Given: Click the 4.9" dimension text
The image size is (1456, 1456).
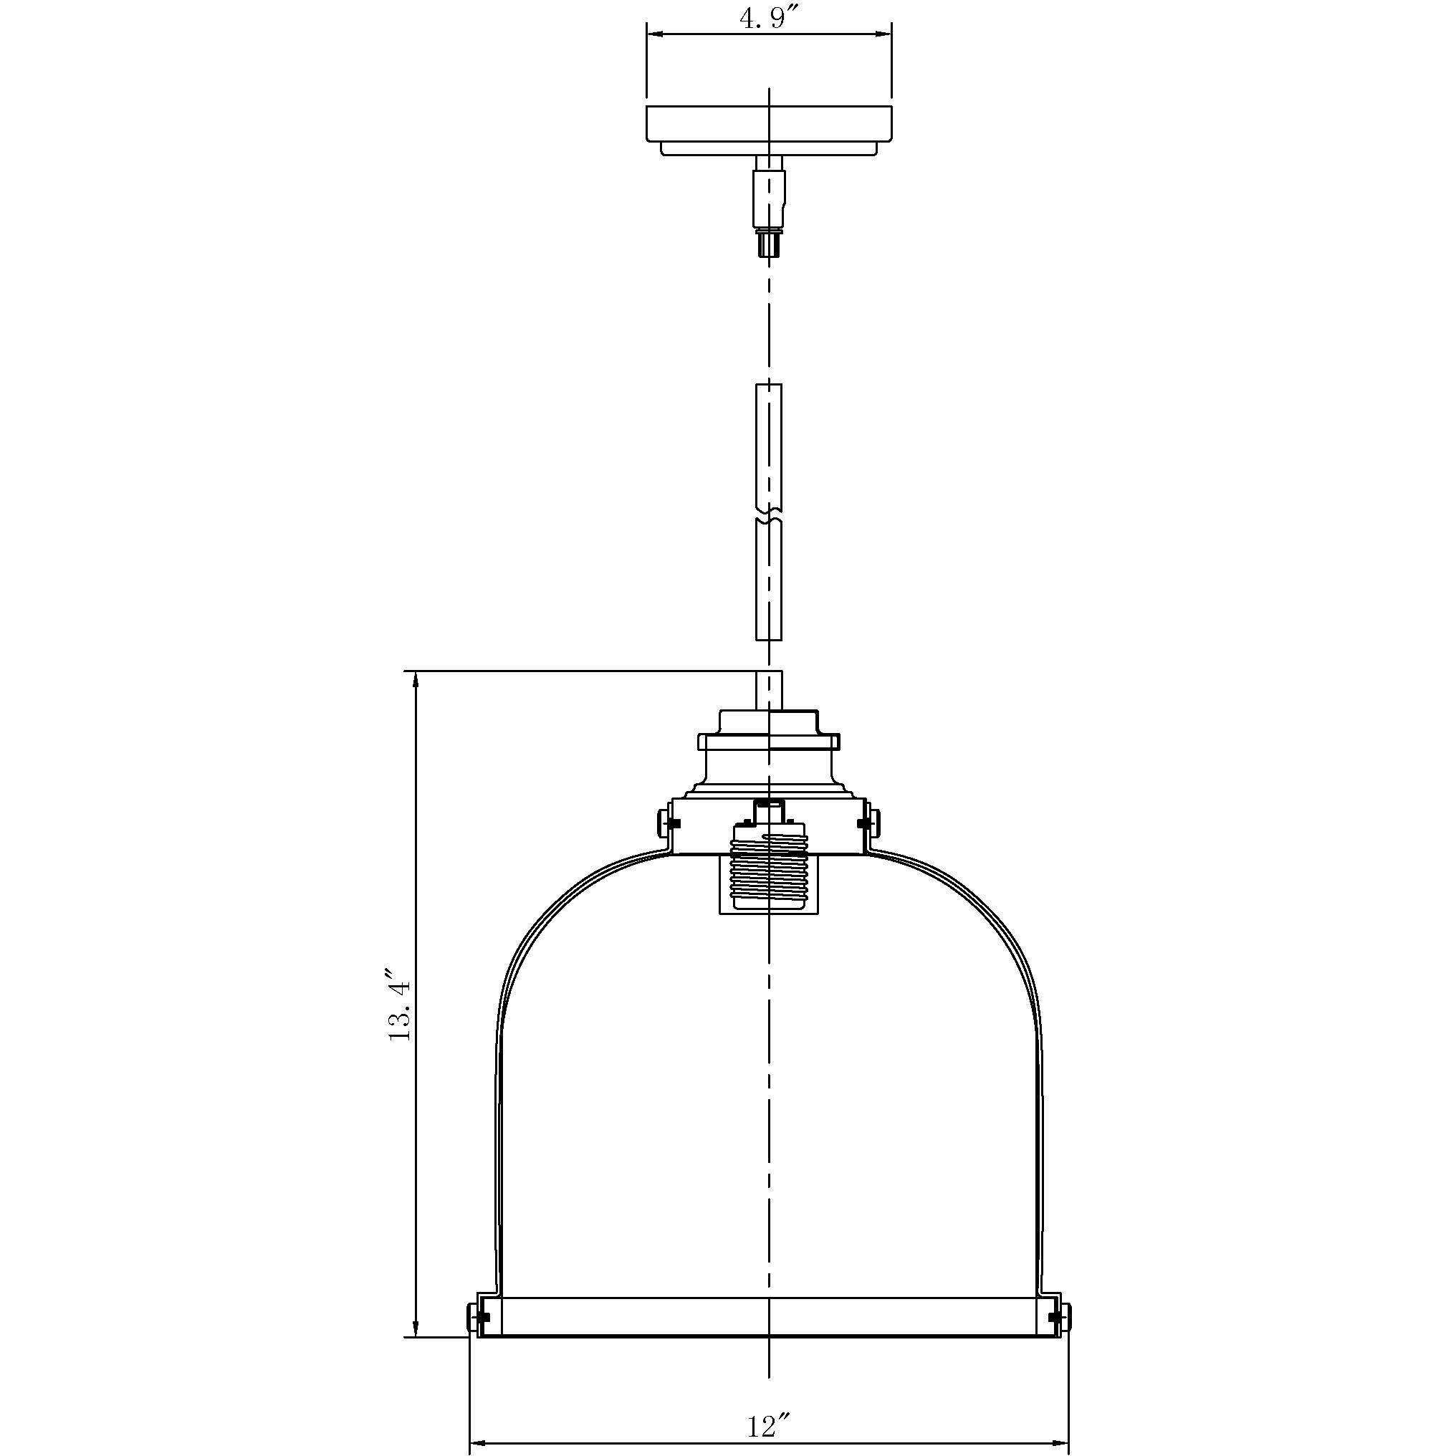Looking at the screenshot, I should [768, 19].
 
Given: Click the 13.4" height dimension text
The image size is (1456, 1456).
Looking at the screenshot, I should [399, 1005].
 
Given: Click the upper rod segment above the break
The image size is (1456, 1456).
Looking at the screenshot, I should [768, 445].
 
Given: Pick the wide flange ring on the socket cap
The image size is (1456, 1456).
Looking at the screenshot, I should [768, 742].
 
